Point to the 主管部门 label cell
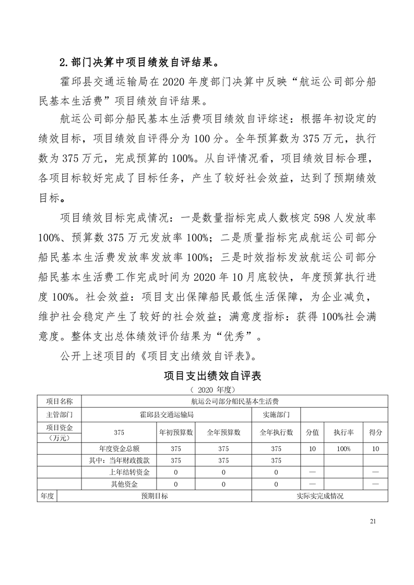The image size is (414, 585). (60, 415)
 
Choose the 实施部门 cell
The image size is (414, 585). (276, 415)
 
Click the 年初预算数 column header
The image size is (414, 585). (176, 432)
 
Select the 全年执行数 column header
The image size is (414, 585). (276, 432)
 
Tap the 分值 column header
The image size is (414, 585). (312, 432)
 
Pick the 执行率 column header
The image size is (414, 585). (344, 432)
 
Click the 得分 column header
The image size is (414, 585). (375, 432)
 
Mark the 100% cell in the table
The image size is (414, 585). (344, 448)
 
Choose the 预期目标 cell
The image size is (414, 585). (155, 496)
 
